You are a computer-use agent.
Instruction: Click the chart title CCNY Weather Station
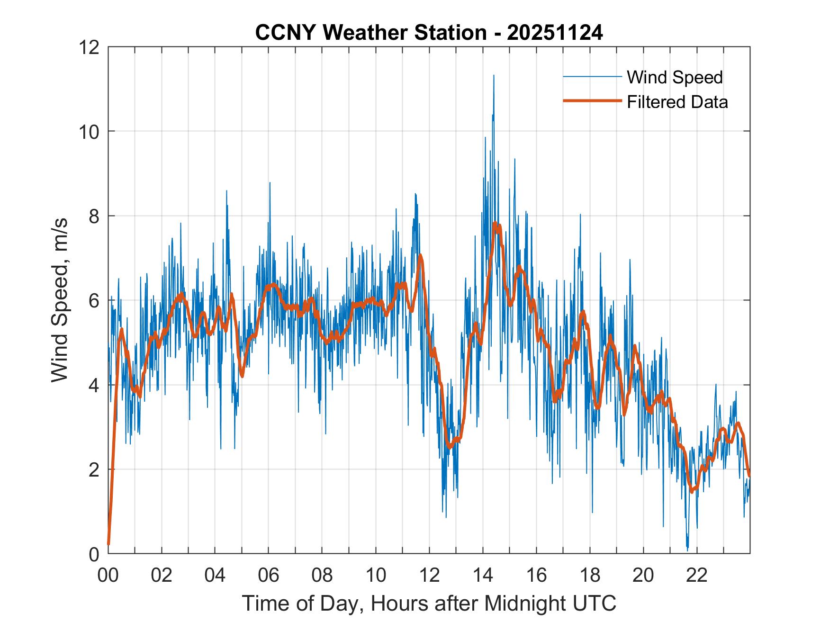pos(371,33)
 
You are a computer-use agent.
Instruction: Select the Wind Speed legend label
pos(675,77)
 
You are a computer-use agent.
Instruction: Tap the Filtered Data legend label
pos(677,102)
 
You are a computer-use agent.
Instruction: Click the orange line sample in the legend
pos(592,101)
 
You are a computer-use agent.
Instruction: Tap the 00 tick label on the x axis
pos(108,576)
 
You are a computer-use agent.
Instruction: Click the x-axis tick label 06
pos(269,576)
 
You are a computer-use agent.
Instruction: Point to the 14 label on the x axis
pos(483,576)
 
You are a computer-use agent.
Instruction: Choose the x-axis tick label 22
pos(697,576)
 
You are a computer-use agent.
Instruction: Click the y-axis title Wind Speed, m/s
pos(60,300)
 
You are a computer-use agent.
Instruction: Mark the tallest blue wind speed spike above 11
pos(494,76)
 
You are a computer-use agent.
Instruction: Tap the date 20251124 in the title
pos(555,33)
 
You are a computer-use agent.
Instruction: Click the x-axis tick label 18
pos(590,576)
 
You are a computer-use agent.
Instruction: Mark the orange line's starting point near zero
pos(109,544)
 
